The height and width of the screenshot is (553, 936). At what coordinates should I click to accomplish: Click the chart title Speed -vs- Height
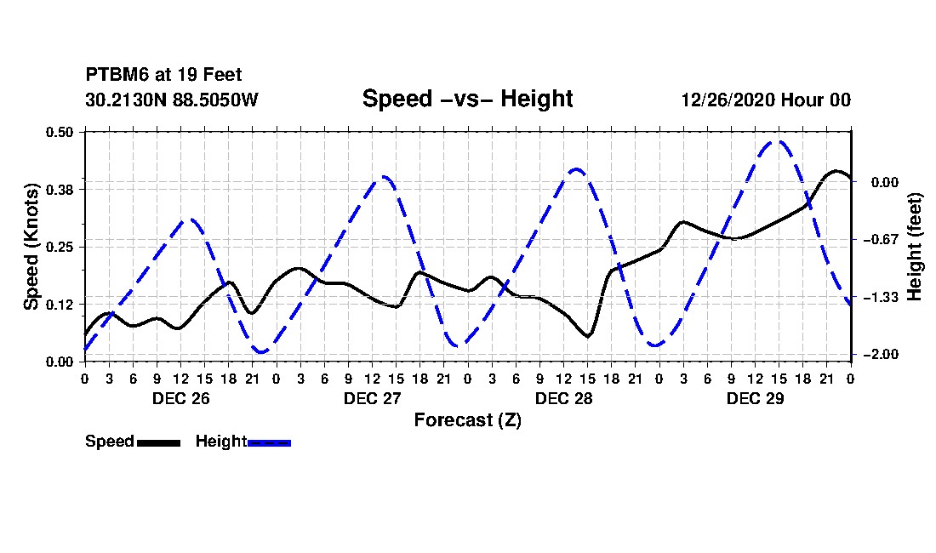(x=467, y=99)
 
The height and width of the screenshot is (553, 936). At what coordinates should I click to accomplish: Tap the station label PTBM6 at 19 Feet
(x=163, y=75)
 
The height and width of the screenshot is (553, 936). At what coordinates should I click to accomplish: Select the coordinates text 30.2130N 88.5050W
(x=171, y=100)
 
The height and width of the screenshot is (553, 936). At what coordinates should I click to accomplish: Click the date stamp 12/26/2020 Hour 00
(x=766, y=100)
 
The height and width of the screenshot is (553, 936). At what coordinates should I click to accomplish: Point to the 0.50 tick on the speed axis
(x=59, y=132)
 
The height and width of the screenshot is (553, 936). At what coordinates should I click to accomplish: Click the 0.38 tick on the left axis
(x=59, y=190)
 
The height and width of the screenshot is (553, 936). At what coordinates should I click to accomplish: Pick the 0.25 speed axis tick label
(x=59, y=247)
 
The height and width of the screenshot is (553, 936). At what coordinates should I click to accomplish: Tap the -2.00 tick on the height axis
(x=884, y=355)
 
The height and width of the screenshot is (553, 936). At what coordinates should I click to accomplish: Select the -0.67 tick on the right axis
(x=884, y=240)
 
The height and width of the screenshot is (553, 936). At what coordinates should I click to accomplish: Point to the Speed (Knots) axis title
(x=31, y=247)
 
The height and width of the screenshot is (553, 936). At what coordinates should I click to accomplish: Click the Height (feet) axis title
(x=915, y=247)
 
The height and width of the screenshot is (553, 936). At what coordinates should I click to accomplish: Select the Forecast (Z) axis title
(x=467, y=420)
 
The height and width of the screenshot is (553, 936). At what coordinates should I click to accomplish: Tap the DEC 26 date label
(x=181, y=398)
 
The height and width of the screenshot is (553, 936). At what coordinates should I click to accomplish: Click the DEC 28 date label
(x=563, y=398)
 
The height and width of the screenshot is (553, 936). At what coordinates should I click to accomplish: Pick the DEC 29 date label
(x=755, y=398)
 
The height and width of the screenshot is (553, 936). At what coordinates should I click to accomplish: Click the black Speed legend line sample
(x=159, y=442)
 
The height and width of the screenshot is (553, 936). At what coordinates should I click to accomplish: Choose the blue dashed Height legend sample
(x=269, y=442)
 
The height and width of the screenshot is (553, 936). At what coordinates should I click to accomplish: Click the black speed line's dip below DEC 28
(x=588, y=336)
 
